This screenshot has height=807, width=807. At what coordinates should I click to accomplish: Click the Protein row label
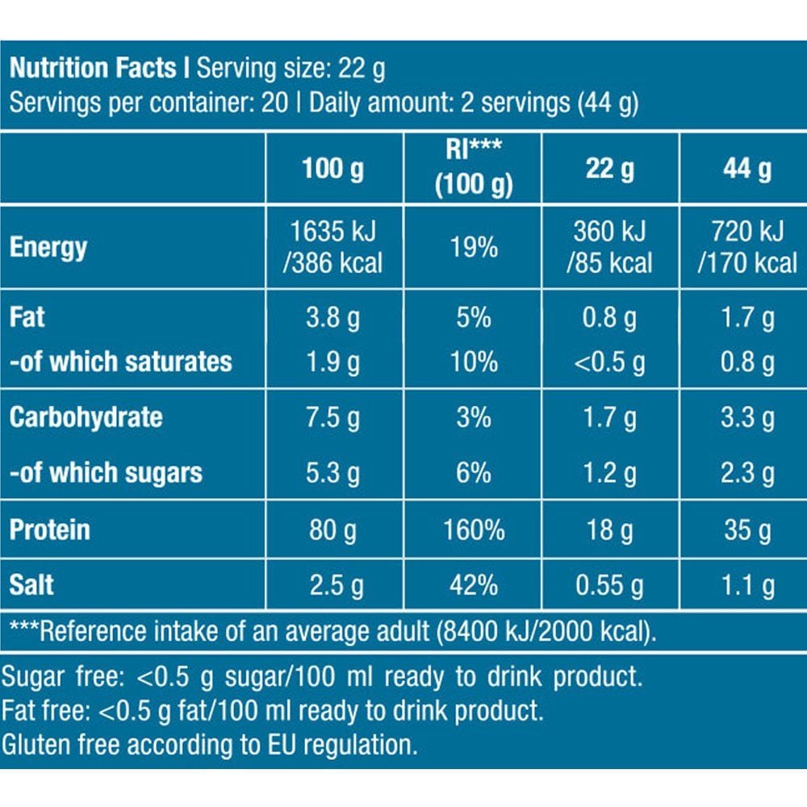[50, 530]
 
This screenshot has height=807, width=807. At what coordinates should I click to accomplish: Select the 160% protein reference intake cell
[473, 530]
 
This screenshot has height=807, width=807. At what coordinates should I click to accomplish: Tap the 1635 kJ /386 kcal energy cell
[333, 247]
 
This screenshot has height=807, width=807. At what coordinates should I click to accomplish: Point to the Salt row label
[32, 583]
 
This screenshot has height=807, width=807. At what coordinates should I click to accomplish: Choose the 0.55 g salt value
[610, 583]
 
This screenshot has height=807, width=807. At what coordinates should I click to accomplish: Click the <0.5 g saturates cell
[610, 362]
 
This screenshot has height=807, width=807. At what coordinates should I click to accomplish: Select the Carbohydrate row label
[86, 417]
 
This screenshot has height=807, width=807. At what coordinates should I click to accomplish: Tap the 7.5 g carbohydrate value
[333, 417]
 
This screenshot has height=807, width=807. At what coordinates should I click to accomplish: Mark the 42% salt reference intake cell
[473, 583]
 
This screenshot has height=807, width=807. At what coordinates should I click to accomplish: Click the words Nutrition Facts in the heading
[93, 68]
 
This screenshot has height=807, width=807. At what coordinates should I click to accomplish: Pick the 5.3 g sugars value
[333, 472]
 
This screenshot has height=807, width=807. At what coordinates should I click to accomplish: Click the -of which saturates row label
[121, 362]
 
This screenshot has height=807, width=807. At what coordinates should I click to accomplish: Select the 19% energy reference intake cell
[473, 247]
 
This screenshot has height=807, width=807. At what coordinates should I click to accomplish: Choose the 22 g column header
[610, 169]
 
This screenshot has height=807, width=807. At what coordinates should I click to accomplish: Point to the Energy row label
[48, 247]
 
